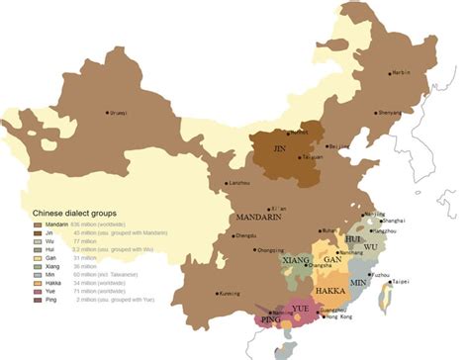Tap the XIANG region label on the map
(296, 260)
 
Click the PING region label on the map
(269, 319)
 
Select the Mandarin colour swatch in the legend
(39, 225)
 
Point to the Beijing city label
(338, 145)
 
